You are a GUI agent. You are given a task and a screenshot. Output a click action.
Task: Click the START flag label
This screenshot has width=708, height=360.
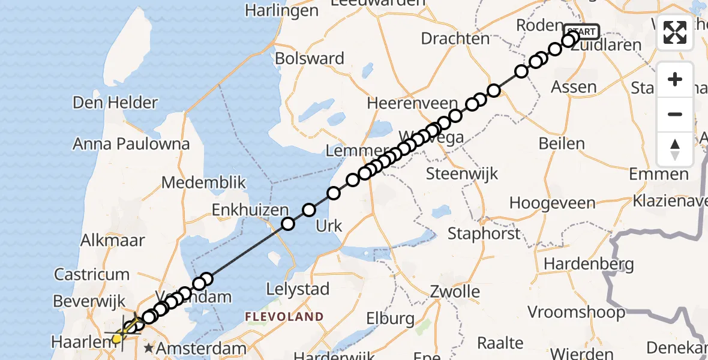point(581,31)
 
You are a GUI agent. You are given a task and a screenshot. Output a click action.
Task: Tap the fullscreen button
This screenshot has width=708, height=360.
point(675,32)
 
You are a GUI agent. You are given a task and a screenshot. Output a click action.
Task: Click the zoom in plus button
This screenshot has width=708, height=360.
point(675,79)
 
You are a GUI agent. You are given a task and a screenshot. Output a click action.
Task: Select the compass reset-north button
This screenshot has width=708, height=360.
point(675,149)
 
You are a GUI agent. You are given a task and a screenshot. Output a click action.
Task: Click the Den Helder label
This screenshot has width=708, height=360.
point(115,103)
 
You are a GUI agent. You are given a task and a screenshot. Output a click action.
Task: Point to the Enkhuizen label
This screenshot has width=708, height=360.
point(249,210)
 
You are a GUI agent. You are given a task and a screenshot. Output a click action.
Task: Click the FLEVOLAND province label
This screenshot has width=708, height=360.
point(284,316)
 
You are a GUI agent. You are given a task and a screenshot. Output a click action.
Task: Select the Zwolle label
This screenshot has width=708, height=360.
point(455,292)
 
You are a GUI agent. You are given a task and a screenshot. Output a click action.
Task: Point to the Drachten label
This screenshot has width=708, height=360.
point(455,38)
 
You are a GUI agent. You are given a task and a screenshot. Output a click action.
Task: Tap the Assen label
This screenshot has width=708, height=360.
point(574,87)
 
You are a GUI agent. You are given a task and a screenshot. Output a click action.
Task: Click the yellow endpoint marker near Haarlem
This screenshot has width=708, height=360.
point(117,339)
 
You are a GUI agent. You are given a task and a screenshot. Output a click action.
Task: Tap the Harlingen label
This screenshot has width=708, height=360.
point(281,11)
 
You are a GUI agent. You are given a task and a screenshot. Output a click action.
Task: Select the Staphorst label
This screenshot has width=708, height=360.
point(484,233)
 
